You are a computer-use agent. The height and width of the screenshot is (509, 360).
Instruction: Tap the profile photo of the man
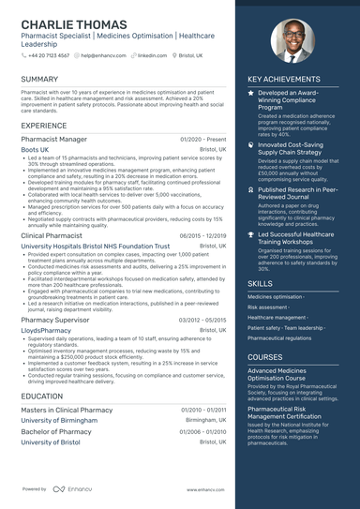pos(293,41)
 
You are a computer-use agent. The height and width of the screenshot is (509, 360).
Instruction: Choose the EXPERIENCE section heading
pos(44,125)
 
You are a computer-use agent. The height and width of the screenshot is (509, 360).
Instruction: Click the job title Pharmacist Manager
pos(54,139)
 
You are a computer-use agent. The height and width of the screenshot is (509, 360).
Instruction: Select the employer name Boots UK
pos(36,149)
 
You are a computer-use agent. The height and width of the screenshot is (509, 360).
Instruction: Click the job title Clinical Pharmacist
pos(52,236)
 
